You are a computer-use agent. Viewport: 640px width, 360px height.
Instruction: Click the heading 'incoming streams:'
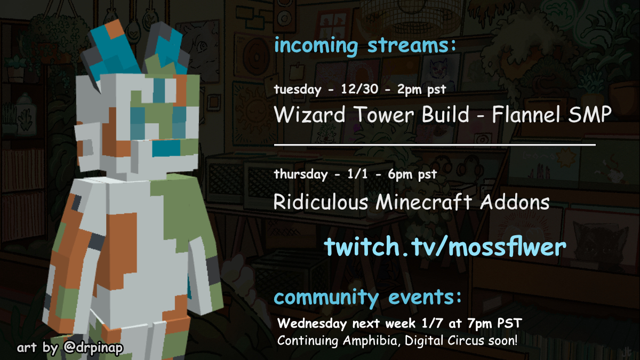coord(365,46)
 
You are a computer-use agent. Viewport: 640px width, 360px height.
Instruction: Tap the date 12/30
coord(359,89)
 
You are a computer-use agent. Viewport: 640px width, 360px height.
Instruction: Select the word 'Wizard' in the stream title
coord(309,114)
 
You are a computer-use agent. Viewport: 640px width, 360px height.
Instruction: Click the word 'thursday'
coord(301,174)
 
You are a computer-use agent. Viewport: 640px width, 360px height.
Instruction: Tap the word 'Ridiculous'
coord(321,202)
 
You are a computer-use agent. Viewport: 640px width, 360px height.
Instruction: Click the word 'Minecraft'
coord(423,202)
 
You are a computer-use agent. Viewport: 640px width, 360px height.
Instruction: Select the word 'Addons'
coord(514,202)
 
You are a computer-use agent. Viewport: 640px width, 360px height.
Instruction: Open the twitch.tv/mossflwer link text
coord(445,246)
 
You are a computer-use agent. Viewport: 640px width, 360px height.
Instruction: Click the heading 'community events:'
coord(367,298)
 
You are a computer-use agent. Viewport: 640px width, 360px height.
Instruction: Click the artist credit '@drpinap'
coord(93,348)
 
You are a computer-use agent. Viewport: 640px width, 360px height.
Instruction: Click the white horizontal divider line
coord(435,145)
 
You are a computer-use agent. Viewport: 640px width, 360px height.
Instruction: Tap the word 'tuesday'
coord(298,90)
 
